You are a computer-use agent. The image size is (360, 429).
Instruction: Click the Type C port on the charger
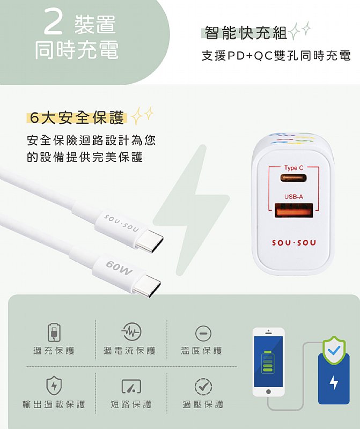click(293, 178)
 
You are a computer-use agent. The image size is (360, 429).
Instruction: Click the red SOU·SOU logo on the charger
click(294, 243)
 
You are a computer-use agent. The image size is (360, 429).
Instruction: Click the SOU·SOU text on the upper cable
click(121, 223)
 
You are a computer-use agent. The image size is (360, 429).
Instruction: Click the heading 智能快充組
click(246, 33)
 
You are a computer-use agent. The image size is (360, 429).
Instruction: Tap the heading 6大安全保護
click(77, 118)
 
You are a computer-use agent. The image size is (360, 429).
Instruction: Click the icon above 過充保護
click(54, 332)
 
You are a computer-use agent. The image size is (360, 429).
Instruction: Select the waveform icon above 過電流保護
click(131, 332)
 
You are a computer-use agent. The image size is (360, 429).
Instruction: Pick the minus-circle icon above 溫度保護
click(203, 334)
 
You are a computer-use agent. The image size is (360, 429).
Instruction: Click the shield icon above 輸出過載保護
click(54, 386)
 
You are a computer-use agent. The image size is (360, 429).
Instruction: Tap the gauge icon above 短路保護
click(131, 386)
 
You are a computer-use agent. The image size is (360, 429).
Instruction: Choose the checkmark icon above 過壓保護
click(203, 387)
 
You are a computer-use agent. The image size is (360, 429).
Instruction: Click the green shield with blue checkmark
click(334, 350)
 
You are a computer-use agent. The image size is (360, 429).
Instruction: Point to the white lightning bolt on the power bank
click(334, 382)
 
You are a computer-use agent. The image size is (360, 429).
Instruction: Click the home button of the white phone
click(269, 392)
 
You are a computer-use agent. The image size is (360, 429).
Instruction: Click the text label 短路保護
click(131, 404)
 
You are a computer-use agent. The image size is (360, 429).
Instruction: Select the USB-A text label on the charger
click(293, 197)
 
